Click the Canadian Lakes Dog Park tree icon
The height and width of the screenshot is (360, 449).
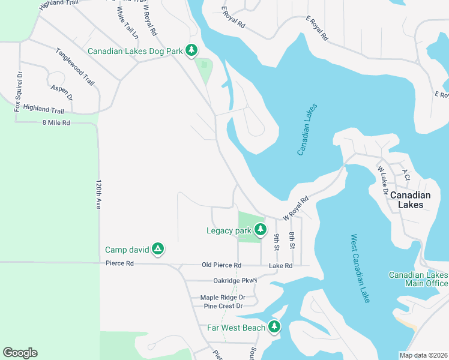[191, 50]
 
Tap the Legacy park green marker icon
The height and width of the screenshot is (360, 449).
[260, 229]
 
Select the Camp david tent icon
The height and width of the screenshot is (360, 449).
[157, 248]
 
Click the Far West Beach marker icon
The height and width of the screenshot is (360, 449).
[274, 327]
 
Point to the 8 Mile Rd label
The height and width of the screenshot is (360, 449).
[56, 122]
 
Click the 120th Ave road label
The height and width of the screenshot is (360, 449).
[98, 193]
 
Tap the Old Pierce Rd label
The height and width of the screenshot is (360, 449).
[221, 265]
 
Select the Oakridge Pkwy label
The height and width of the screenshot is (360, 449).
[235, 280]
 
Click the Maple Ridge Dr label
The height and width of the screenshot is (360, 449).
[223, 297]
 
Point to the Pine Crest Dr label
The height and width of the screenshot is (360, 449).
[223, 306]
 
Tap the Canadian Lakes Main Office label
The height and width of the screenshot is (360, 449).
[418, 279]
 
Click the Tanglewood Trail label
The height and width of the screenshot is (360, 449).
[75, 67]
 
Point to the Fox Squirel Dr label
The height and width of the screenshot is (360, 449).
[18, 92]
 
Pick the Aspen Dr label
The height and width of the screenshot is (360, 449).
[62, 92]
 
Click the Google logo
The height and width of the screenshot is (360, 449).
[20, 353]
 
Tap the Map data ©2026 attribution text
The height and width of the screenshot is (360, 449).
[424, 355]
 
